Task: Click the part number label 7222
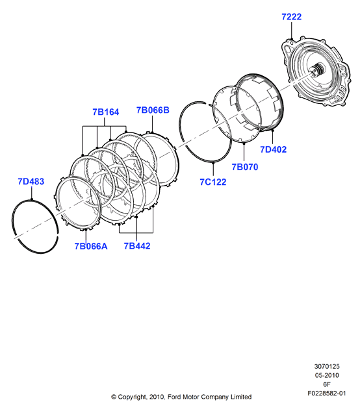coord(292,17)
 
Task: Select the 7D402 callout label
coord(273,150)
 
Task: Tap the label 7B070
coord(245,167)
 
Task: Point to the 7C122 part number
coord(212,182)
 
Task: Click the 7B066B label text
coord(153,110)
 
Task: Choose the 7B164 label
coord(106,112)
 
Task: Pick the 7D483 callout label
coord(31,181)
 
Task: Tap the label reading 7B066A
coord(91,246)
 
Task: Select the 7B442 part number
coord(137,246)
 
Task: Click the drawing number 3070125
coord(327,366)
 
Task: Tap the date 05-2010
coord(327,375)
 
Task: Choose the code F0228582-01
coord(327,393)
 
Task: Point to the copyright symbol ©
coord(114,397)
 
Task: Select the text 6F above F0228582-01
coord(327,384)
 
